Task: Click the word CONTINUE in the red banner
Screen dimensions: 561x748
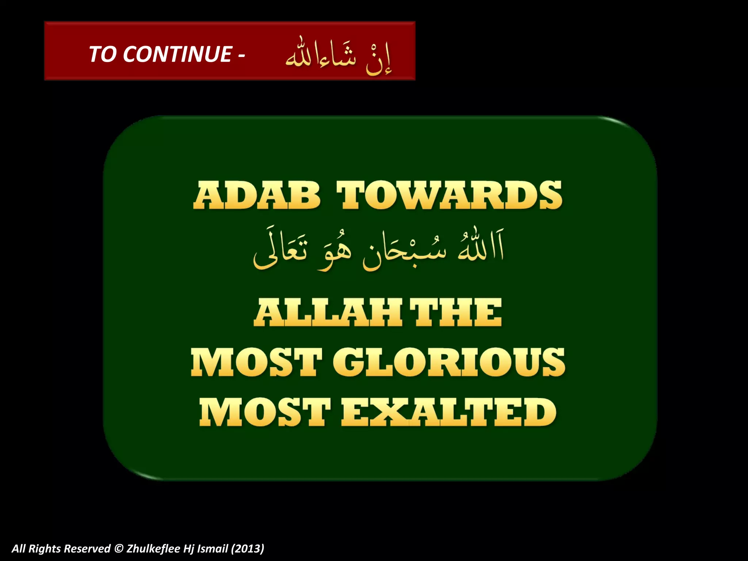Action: [177, 54]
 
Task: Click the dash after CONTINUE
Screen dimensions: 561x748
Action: [241, 56]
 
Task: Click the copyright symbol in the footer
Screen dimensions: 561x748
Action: [118, 549]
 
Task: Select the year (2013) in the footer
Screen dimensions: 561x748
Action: [248, 549]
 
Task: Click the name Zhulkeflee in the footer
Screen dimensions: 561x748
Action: [153, 549]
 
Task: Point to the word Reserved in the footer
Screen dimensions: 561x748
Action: [88, 549]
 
